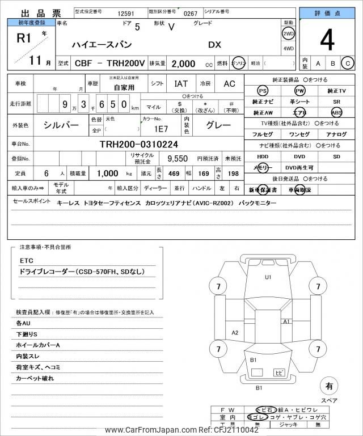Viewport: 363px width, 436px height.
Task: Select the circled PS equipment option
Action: pos(262,91)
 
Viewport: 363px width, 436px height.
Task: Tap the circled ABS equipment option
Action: pos(337,112)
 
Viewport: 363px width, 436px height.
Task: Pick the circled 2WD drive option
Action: pos(288,33)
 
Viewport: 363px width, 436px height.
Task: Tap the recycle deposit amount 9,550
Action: pos(176,159)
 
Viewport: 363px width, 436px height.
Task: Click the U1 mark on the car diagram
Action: pos(268,277)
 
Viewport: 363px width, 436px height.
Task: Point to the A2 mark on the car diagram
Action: pos(234,332)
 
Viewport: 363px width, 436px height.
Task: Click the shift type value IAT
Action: pos(181,83)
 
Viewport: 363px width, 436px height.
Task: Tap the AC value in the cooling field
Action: pos(229,83)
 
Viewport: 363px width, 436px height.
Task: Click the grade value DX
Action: pos(215,44)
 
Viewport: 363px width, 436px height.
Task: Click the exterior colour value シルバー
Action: pos(61,125)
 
